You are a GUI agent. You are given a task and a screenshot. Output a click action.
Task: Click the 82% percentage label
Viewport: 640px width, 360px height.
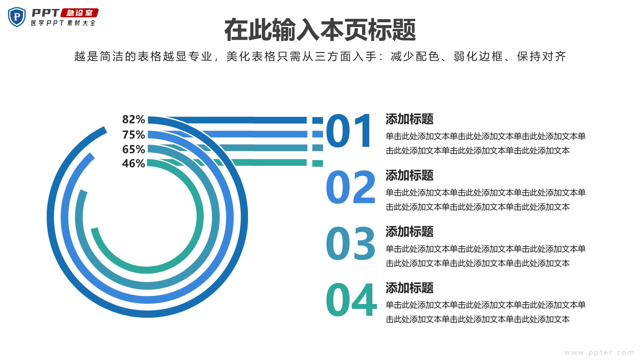[x=133, y=119]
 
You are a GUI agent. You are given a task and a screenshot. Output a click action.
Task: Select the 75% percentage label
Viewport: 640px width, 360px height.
[x=133, y=135]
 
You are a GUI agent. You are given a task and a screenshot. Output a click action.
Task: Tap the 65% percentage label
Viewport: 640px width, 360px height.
[x=133, y=149]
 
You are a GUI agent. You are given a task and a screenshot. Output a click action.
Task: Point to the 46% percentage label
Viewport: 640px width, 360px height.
[x=133, y=164]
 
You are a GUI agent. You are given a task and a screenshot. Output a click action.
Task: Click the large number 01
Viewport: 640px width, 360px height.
[x=349, y=131]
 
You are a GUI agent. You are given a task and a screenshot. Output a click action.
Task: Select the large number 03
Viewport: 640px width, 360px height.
[x=351, y=243]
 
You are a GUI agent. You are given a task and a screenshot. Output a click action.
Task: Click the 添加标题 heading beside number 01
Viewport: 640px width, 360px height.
[x=409, y=119]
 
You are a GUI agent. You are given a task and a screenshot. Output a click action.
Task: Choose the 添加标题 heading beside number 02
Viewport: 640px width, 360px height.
[x=409, y=175]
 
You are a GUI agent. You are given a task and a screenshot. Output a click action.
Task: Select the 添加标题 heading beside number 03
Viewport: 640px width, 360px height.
[x=409, y=232]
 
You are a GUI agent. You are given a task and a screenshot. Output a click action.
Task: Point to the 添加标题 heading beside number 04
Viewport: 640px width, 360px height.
[x=409, y=288]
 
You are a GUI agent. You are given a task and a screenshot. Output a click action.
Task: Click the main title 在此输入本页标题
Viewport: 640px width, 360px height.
[x=320, y=30]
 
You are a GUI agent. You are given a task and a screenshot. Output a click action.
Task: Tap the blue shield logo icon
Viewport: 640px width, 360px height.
[x=17, y=17]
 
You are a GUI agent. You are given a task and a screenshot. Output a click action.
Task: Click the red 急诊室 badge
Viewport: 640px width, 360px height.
[x=80, y=13]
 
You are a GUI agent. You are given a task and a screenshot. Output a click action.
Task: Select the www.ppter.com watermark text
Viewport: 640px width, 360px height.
[x=599, y=352]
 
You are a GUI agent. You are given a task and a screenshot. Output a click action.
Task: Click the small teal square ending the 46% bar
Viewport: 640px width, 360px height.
[x=318, y=163]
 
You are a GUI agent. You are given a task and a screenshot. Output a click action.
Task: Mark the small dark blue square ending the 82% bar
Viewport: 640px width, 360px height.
[x=318, y=120]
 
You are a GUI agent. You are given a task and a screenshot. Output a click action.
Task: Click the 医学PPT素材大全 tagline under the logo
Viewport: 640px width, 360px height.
[x=63, y=23]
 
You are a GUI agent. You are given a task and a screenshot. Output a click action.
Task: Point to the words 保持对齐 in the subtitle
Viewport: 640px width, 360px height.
[x=542, y=57]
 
